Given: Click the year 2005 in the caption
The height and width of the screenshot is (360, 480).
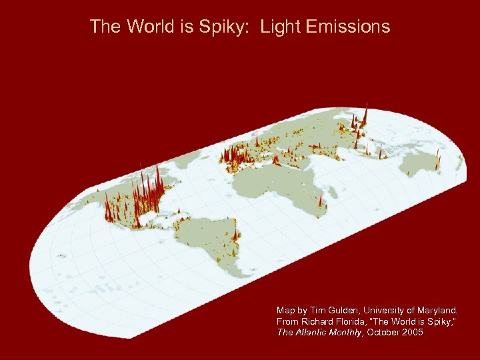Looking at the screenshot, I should (411, 332).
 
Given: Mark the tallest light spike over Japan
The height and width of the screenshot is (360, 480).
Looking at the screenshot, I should (365, 113).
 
